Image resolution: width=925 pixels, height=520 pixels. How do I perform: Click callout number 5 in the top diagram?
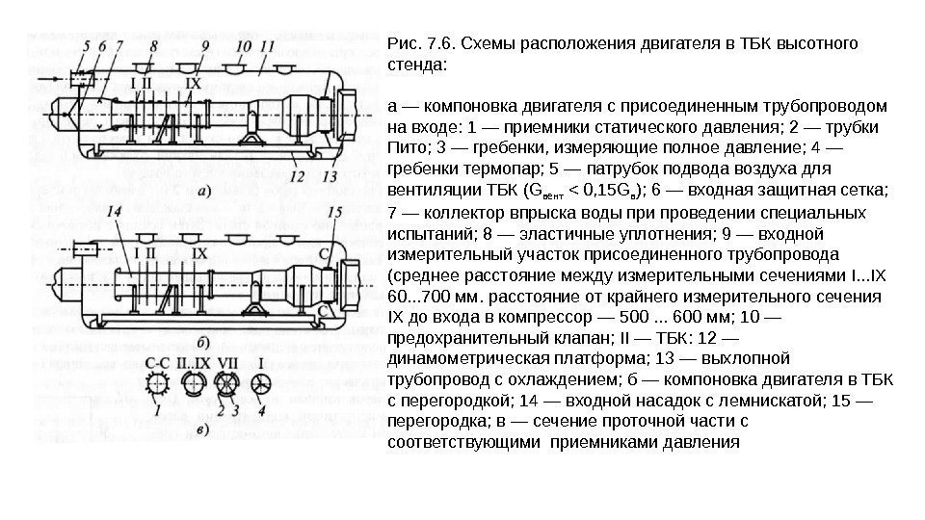point(86,44)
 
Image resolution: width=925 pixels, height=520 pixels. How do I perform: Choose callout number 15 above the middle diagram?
point(333,211)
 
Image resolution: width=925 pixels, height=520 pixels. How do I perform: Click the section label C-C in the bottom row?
point(158,364)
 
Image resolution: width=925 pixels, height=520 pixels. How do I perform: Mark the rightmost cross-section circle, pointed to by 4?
point(261,384)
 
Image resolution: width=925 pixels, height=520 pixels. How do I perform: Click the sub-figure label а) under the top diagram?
point(205,191)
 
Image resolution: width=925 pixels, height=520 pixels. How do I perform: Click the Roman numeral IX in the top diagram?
point(194,83)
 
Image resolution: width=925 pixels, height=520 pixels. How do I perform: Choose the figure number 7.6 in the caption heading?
point(435,44)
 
